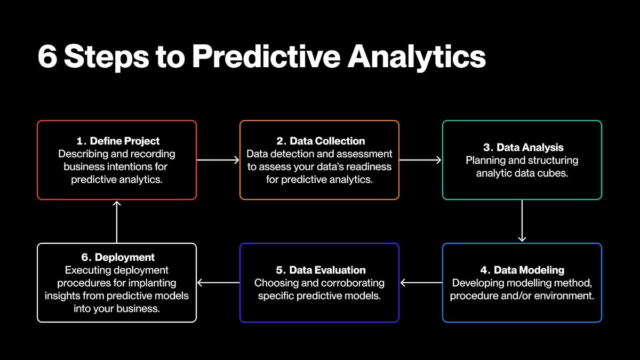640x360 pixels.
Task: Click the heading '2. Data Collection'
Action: coord(321,141)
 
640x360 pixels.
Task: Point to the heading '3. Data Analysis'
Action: coord(523,147)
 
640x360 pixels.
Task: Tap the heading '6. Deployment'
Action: coord(117,258)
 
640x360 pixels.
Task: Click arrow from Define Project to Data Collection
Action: coord(218,159)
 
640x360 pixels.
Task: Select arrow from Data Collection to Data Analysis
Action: coord(420,159)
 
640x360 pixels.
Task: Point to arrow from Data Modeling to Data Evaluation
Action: coord(421,283)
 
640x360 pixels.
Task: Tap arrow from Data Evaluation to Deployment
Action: coord(219,283)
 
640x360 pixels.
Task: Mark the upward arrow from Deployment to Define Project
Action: coord(117,222)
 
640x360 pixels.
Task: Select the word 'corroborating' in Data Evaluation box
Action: coord(354,283)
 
